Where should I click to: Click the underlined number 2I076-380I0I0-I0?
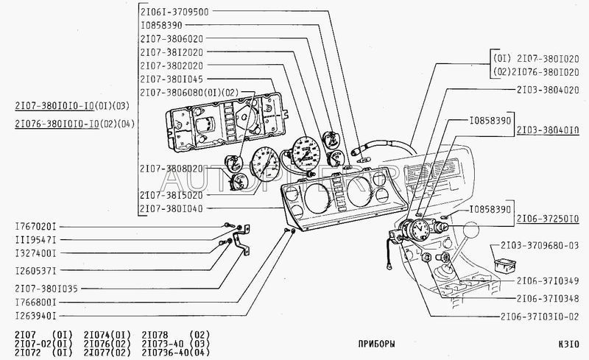tap(50, 124)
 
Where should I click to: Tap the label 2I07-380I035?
tap(46, 288)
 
